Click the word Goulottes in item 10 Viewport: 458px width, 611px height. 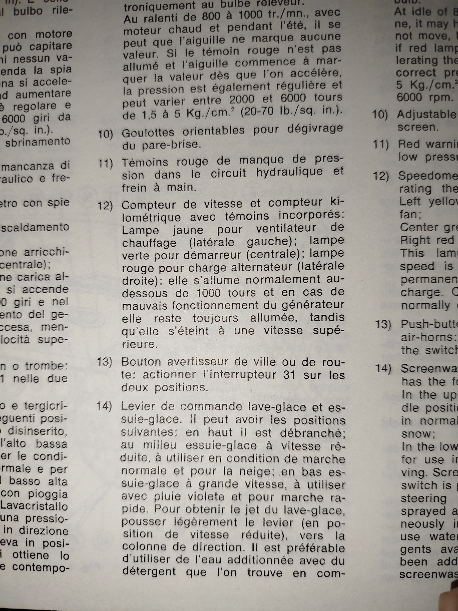(148, 133)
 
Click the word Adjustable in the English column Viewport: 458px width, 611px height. (427, 114)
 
